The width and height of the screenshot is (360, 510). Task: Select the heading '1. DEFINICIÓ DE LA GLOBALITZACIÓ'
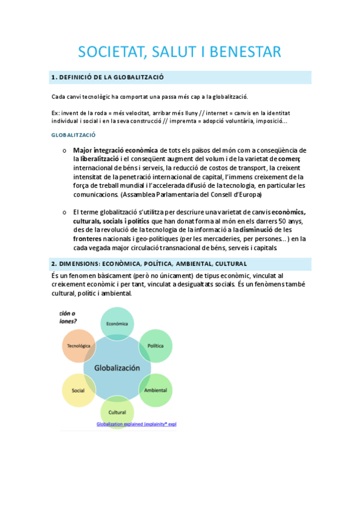coord(108,78)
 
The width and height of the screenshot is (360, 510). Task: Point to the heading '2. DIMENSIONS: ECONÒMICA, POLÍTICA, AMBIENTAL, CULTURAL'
coord(148,264)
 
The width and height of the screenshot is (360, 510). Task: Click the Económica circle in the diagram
coord(117,324)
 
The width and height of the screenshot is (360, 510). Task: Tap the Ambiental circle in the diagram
coord(155,390)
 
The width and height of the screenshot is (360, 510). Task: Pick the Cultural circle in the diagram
coord(117,412)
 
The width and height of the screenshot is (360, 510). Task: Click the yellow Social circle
coord(78,390)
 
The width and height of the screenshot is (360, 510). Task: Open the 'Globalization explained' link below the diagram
coord(136,424)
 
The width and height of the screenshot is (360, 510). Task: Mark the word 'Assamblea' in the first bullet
coord(140,195)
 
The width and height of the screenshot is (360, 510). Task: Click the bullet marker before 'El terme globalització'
coord(64,212)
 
